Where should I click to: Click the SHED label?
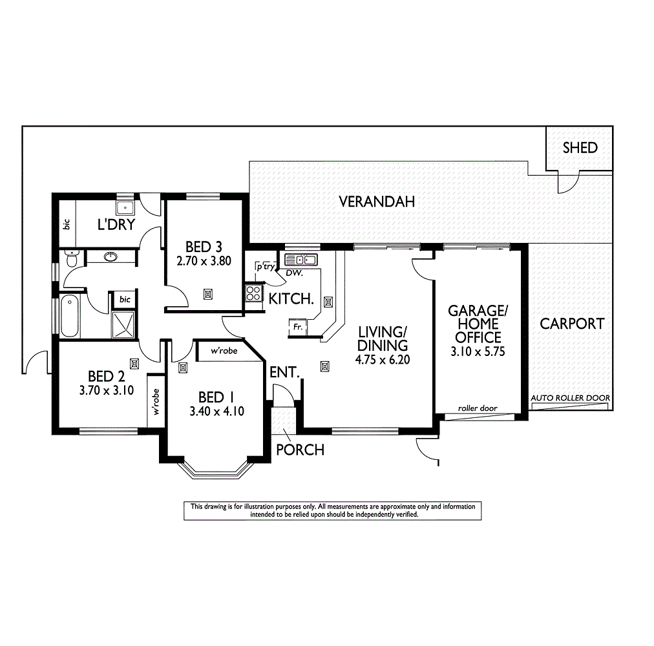pos(580,148)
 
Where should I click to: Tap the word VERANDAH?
pos(377,202)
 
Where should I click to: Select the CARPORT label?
pos(572,324)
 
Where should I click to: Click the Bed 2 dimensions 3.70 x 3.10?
pos(107,390)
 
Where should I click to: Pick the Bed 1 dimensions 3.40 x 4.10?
pos(216,411)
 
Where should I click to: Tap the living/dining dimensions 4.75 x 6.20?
pos(383,360)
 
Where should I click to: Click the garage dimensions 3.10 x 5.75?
pos(478,352)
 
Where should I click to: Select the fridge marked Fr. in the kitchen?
pos(298,328)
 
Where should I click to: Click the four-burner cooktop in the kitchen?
pos(253,293)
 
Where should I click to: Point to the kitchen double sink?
pos(300,260)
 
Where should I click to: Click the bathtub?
pos(69,316)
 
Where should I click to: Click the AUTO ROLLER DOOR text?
pos(569,398)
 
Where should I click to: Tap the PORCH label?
pos(300,449)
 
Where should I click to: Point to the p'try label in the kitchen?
pos(264,266)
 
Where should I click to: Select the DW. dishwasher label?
pos(295,274)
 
